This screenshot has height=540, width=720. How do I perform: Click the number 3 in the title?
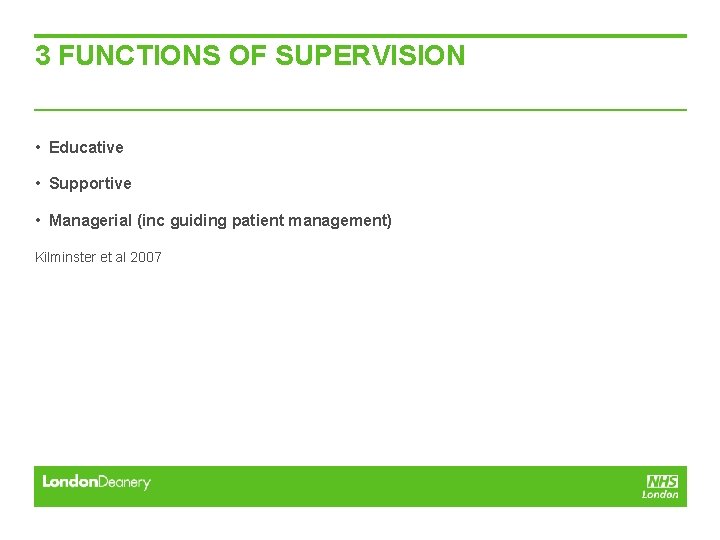click(x=43, y=55)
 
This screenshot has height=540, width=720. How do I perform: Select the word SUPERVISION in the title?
click(x=370, y=55)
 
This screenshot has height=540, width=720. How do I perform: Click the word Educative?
click(x=86, y=148)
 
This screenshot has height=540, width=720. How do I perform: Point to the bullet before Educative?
click(x=37, y=148)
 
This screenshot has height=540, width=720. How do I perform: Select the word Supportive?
click(x=90, y=184)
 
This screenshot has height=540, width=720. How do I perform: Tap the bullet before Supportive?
click(x=37, y=184)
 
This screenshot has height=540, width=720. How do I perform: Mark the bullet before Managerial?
click(x=37, y=220)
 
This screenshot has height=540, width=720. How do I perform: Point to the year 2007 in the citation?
click(x=145, y=257)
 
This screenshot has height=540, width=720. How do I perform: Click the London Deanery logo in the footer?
click(x=96, y=482)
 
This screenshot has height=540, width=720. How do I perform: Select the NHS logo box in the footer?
click(x=662, y=481)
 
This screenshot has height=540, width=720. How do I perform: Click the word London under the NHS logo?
click(x=660, y=494)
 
